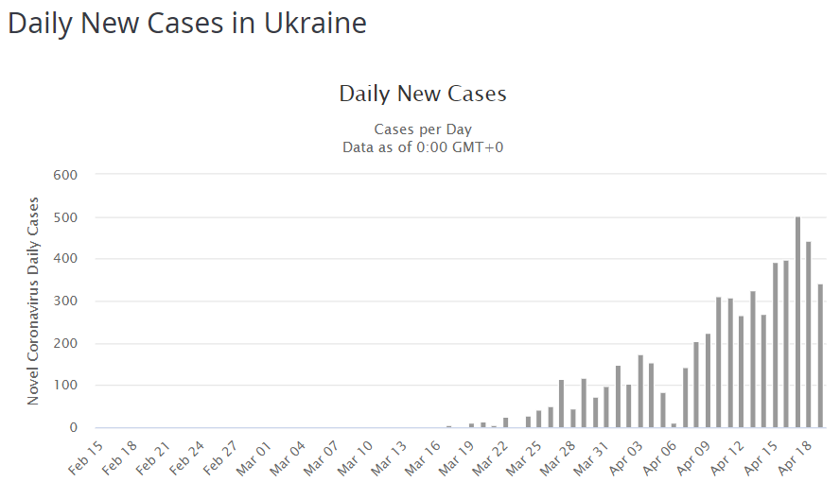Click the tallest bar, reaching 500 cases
797,322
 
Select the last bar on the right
820,356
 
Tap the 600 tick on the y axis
65,175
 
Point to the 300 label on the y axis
65,301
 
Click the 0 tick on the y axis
72,428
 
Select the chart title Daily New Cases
423,94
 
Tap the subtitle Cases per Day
423,129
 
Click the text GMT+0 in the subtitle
477,146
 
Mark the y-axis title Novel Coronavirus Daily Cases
34,301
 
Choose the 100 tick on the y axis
65,386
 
